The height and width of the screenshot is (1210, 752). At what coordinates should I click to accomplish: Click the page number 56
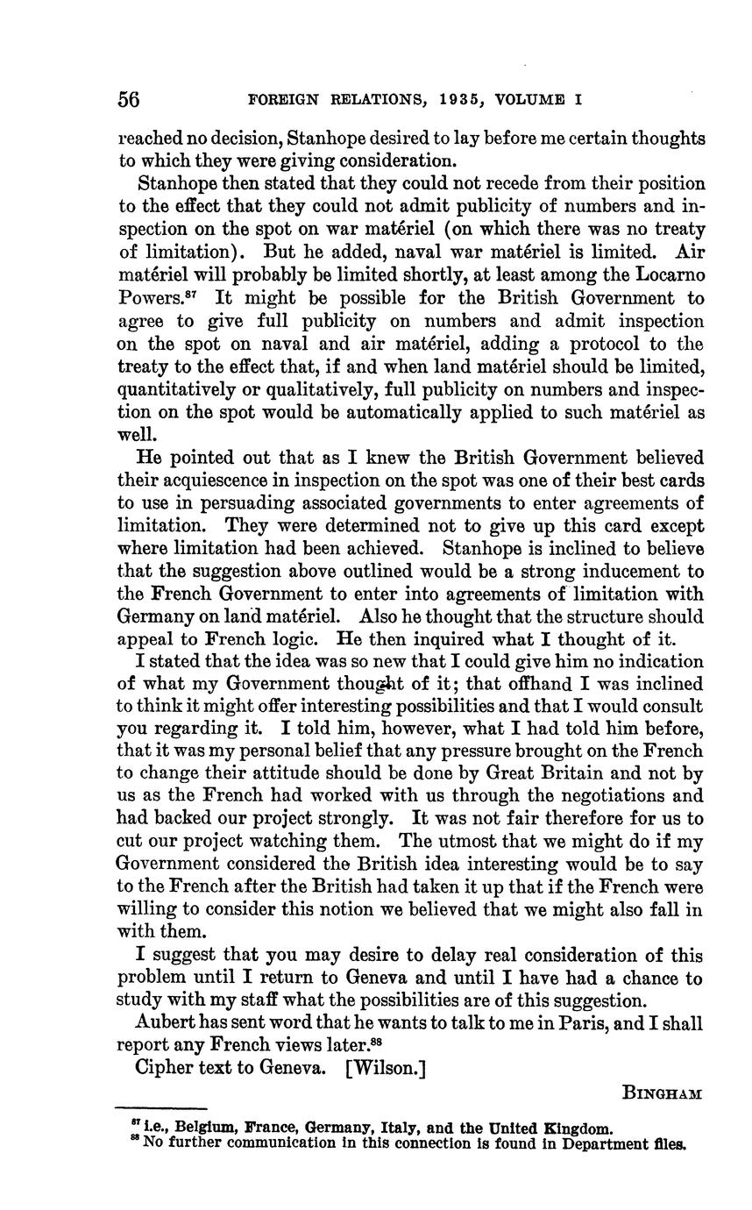pos(129,99)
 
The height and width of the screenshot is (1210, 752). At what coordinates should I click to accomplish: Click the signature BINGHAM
pos(662,1093)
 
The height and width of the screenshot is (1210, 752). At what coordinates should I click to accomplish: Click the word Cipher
pos(164,1068)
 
